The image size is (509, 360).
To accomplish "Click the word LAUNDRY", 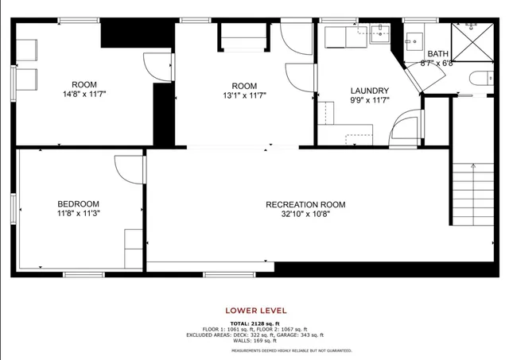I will pyautogui.click(x=369, y=91).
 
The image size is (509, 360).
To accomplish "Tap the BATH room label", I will pyautogui.click(x=437, y=53).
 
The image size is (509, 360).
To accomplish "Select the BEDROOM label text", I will pyautogui.click(x=78, y=203).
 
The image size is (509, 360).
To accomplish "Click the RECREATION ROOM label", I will pyautogui.click(x=305, y=204).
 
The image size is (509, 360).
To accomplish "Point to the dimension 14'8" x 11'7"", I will pyautogui.click(x=84, y=94).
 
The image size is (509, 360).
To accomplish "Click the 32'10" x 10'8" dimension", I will pyautogui.click(x=305, y=214).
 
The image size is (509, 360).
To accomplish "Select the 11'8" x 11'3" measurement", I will pyautogui.click(x=78, y=213).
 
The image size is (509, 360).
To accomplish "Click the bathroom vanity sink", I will pyautogui.click(x=414, y=37).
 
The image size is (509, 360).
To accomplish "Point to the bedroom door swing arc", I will pyautogui.click(x=127, y=168).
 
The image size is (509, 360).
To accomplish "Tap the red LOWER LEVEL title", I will pyautogui.click(x=256, y=311).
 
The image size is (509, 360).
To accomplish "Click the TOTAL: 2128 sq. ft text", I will pyautogui.click(x=256, y=323).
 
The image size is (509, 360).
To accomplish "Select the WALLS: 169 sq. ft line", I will pyautogui.click(x=256, y=340).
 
